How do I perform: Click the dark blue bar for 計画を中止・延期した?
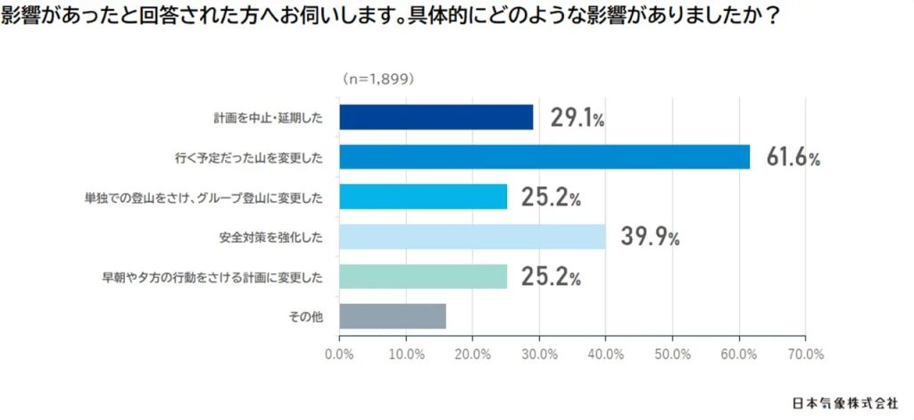436,117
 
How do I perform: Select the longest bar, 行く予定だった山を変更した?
544,157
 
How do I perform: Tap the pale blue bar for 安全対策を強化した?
472,237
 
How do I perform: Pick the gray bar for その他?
392,316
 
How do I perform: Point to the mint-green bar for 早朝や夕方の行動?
423,276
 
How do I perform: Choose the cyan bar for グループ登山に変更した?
423,197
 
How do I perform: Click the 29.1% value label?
577,118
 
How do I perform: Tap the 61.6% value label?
793,158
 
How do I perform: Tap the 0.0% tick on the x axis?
339,354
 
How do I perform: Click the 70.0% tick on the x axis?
805,354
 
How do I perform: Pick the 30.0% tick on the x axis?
539,354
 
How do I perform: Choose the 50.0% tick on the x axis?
672,354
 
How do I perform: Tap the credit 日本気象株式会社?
845,402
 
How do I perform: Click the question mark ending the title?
761,17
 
